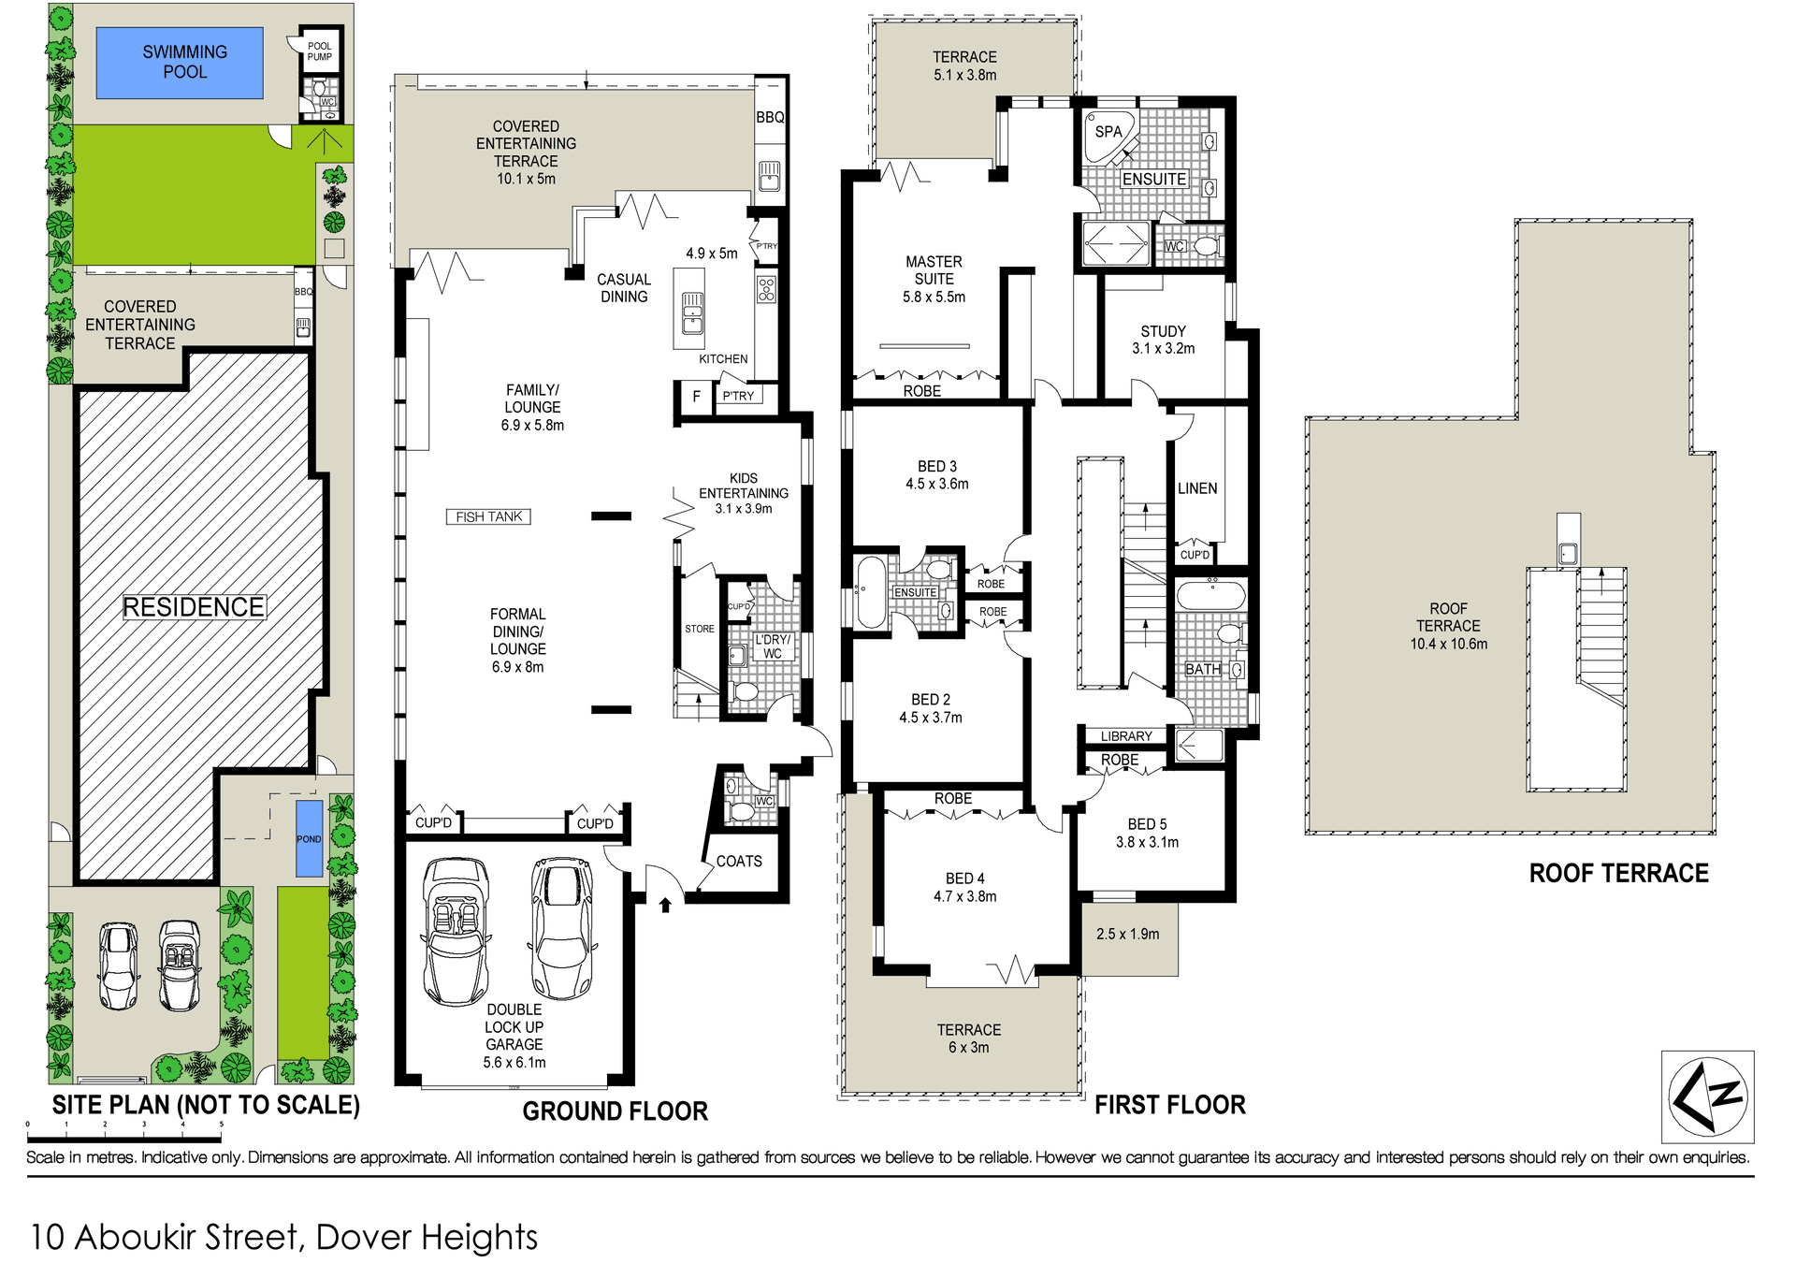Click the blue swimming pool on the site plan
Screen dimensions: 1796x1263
[180, 63]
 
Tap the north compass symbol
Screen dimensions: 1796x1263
[1707, 1096]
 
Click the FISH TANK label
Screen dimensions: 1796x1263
[488, 516]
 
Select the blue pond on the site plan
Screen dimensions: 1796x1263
[309, 838]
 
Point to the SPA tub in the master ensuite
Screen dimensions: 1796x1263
[1108, 136]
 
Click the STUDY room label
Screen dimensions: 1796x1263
[1163, 331]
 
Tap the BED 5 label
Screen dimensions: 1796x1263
[1147, 824]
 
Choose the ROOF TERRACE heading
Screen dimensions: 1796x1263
[1618, 873]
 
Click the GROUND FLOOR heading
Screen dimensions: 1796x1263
[615, 1111]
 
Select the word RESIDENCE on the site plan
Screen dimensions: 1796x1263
[194, 607]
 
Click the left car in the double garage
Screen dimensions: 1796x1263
[456, 932]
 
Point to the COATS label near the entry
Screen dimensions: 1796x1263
[739, 861]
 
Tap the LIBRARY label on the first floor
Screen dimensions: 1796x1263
[1126, 736]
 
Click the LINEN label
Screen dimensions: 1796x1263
[1197, 488]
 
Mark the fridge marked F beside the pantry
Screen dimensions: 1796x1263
[696, 397]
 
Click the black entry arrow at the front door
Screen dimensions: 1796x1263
[665, 905]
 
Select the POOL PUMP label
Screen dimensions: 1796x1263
[320, 51]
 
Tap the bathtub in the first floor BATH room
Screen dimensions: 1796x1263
[1211, 595]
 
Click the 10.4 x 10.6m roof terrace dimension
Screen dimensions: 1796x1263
[1448, 644]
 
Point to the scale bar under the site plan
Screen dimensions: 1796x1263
[124, 1139]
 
